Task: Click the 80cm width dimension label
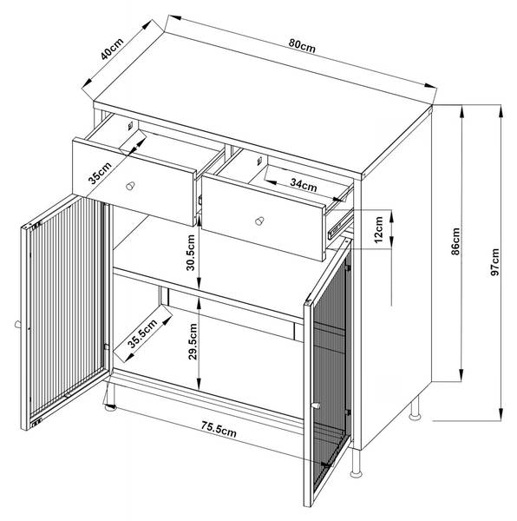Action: (x=302, y=46)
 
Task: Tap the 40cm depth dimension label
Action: (x=112, y=49)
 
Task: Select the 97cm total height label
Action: (x=494, y=262)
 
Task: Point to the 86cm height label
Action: (x=455, y=241)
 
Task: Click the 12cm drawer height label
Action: (x=378, y=229)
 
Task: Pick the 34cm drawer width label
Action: (x=304, y=184)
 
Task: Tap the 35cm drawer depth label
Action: (x=100, y=173)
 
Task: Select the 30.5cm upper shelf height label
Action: (x=191, y=253)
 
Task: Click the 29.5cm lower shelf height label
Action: (x=192, y=341)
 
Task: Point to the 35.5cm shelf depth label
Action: (x=142, y=333)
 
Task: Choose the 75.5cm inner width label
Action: (x=219, y=429)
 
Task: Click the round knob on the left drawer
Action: (x=130, y=186)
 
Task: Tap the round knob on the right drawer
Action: (x=259, y=221)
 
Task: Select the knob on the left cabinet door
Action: (x=18, y=324)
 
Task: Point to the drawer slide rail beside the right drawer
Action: (x=339, y=226)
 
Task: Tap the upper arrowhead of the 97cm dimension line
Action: (x=501, y=111)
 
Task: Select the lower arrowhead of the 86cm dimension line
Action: (x=461, y=375)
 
